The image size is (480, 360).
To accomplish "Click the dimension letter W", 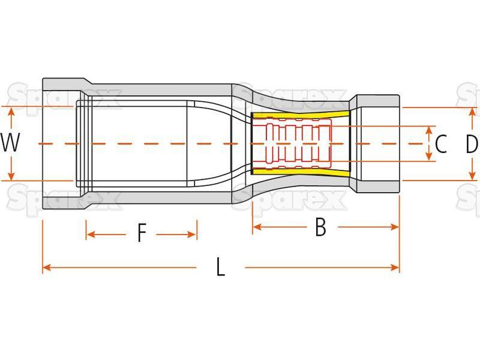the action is [10, 143].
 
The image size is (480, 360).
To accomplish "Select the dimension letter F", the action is [142, 233].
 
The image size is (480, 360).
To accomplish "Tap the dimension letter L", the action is [220, 267].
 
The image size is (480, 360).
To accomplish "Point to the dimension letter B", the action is [320, 227].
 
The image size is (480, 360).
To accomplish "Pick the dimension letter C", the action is [441, 144].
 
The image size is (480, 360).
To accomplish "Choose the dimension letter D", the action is [472, 144].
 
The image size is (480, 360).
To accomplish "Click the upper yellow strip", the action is [301, 115].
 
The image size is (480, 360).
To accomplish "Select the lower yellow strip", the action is [301, 172].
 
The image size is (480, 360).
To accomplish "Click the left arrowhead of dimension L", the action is [46, 268].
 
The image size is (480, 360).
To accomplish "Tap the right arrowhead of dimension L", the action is [395, 268].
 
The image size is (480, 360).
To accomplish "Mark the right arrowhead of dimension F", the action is [192, 235].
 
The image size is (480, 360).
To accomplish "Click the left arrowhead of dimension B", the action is [257, 227].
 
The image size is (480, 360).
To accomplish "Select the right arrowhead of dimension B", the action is [395, 227].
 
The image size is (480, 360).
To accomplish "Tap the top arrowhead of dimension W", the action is [11, 112].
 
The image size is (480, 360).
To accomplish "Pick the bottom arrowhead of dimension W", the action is [11, 176].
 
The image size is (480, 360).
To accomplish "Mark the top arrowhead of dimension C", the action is [430, 130].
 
